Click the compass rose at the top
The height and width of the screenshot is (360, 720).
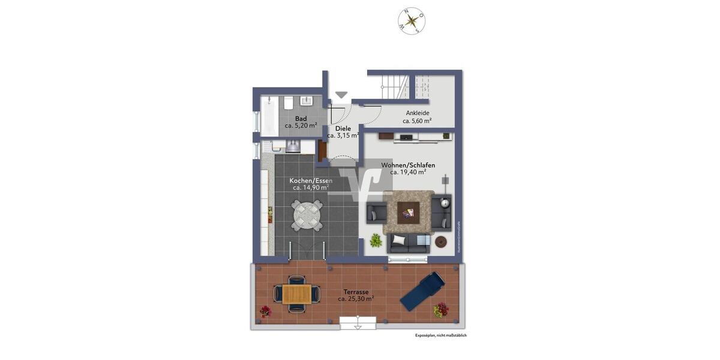pos(412,21)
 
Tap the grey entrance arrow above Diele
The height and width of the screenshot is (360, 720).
pos(341,95)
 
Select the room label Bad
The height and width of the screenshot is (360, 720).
pos(301,118)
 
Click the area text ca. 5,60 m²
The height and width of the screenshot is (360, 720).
pos(417,121)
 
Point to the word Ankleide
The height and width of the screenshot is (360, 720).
pos(418,113)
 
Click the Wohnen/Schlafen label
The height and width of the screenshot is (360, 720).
pos(408,165)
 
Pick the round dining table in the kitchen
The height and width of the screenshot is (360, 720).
pos(308,214)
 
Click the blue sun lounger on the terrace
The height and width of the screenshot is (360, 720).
pos(422,291)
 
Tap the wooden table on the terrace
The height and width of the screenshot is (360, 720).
pos(296,294)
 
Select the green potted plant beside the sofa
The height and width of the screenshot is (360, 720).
pos(376,241)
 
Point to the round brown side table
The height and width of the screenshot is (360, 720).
pos(441,241)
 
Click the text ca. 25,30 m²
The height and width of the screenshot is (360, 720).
pos(356,298)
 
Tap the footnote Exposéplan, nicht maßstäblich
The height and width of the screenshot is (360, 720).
pos(440,335)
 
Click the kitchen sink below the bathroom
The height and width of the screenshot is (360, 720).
pos(293,146)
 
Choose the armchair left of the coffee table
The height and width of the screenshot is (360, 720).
pos(377,212)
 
